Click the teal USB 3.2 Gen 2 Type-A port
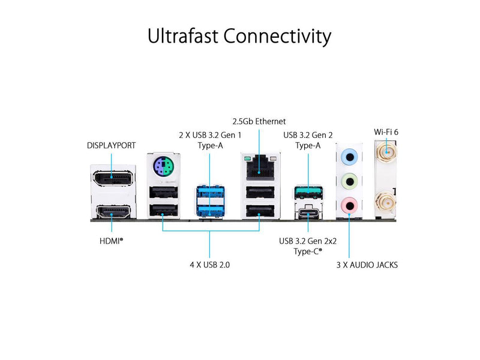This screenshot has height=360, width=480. pos(308,193)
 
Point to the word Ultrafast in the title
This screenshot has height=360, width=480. pos(183,37)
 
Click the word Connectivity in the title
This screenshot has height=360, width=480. pos(278,37)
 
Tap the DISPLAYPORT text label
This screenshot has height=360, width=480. pos(111,145)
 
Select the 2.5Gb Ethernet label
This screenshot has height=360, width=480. pos(259,121)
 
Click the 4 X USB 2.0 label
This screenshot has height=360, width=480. pos(209,264)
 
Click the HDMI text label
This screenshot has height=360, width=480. pos(112,241)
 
